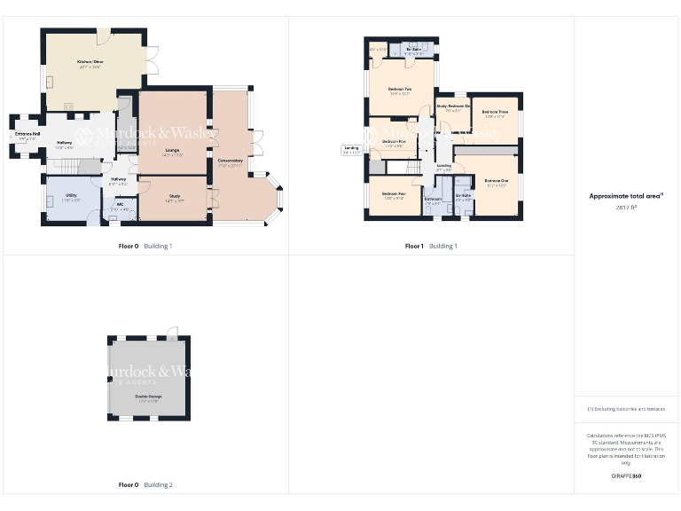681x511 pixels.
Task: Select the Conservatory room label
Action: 231,161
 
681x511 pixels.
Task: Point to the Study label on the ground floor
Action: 173,199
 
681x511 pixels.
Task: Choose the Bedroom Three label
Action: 496,112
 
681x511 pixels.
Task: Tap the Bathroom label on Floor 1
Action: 433,200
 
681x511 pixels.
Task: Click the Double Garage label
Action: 147,396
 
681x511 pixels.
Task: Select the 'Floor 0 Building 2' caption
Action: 145,485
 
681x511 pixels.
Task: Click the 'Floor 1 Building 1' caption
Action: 431,246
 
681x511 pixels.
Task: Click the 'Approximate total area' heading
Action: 626,196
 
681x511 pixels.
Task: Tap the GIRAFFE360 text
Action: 626,476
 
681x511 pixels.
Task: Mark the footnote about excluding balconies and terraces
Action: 626,409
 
